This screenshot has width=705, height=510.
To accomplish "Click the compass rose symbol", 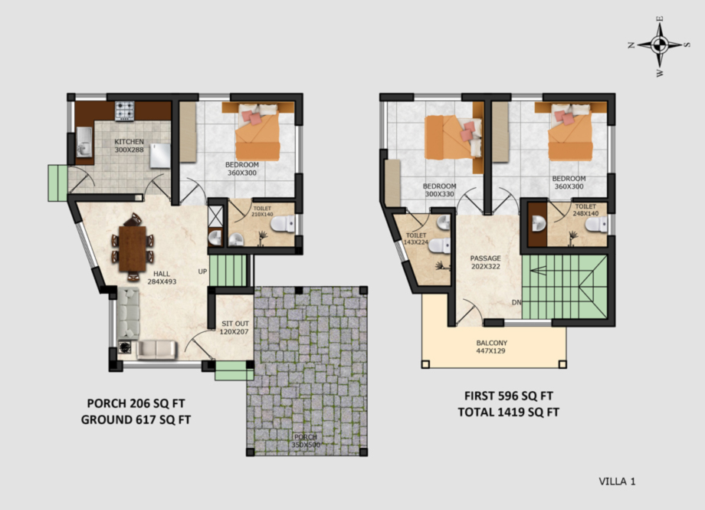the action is [660, 44].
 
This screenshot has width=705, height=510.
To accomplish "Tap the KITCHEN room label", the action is [129, 142].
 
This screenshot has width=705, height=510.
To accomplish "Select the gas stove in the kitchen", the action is [125, 110].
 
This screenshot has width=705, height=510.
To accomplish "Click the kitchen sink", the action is [84, 142].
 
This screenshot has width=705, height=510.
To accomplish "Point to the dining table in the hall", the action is [132, 248].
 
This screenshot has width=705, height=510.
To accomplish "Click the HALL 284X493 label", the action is [162, 278].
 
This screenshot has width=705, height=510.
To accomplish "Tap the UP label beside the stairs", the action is [203, 272].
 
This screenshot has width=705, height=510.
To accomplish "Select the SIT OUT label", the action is [235, 324].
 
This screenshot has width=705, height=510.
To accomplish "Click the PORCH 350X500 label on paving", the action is [306, 441].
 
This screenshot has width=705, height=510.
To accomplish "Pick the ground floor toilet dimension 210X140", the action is [262, 214].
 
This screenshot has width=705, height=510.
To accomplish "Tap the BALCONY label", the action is [492, 343].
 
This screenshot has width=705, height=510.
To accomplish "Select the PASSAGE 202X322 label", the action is [485, 262].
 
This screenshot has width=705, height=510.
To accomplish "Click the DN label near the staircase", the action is [516, 302].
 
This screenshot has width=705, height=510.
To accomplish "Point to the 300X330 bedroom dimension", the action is [439, 195].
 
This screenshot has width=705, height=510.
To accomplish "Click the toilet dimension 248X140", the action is [585, 213].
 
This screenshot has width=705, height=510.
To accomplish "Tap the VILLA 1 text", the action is [617, 482].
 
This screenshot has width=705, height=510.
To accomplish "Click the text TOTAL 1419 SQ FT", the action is [509, 413].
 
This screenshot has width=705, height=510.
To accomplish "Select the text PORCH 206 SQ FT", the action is [136, 403].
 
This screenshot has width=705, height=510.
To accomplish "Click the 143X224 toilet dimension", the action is [416, 242].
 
